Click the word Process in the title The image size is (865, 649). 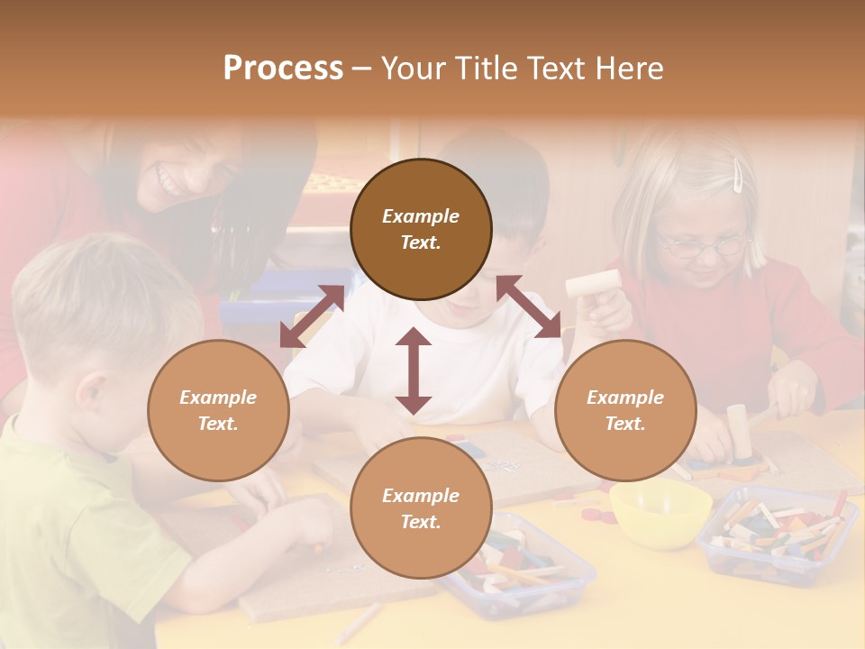tap(283, 69)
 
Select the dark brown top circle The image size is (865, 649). tap(421, 229)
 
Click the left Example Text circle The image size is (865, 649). tap(218, 410)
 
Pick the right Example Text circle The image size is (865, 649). tap(625, 410)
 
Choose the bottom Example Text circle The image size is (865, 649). tap(421, 507)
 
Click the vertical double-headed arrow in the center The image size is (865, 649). tap(414, 371)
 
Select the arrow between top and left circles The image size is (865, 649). tap(312, 316)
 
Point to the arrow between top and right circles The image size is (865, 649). tap(529, 306)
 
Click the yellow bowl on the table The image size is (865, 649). tap(660, 512)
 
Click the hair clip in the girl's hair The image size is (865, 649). tap(739, 175)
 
